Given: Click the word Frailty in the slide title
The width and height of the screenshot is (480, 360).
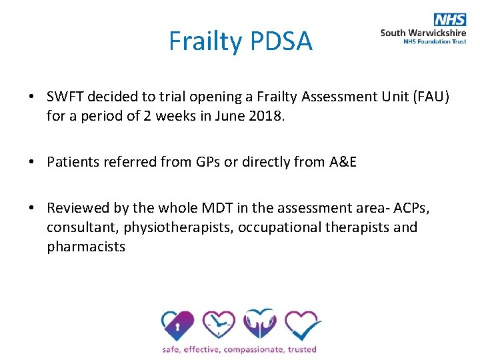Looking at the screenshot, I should pos(205,41).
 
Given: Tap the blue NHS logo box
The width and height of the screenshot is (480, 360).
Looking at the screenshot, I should pos(450,20).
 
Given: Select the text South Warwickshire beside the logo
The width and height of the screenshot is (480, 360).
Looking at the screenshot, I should pos(423,32).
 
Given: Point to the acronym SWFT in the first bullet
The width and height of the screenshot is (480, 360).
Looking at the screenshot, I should pos(65,97).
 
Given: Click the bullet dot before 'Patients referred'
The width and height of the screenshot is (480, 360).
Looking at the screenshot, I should pos(32,163).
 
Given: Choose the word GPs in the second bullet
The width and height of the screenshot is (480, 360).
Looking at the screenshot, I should pos(213,163).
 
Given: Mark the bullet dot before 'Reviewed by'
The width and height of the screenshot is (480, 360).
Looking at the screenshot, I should pos(32,209).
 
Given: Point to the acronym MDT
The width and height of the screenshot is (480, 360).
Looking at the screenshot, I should pos(233,209).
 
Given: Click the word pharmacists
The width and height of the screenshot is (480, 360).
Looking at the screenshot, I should pos(86,246).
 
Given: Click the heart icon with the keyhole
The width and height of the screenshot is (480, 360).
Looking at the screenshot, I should pos(178,325).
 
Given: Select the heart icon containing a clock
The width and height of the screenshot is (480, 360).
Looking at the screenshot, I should pos(219,325).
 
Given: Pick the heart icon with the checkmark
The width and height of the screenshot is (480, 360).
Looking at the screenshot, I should pos(302,325).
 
